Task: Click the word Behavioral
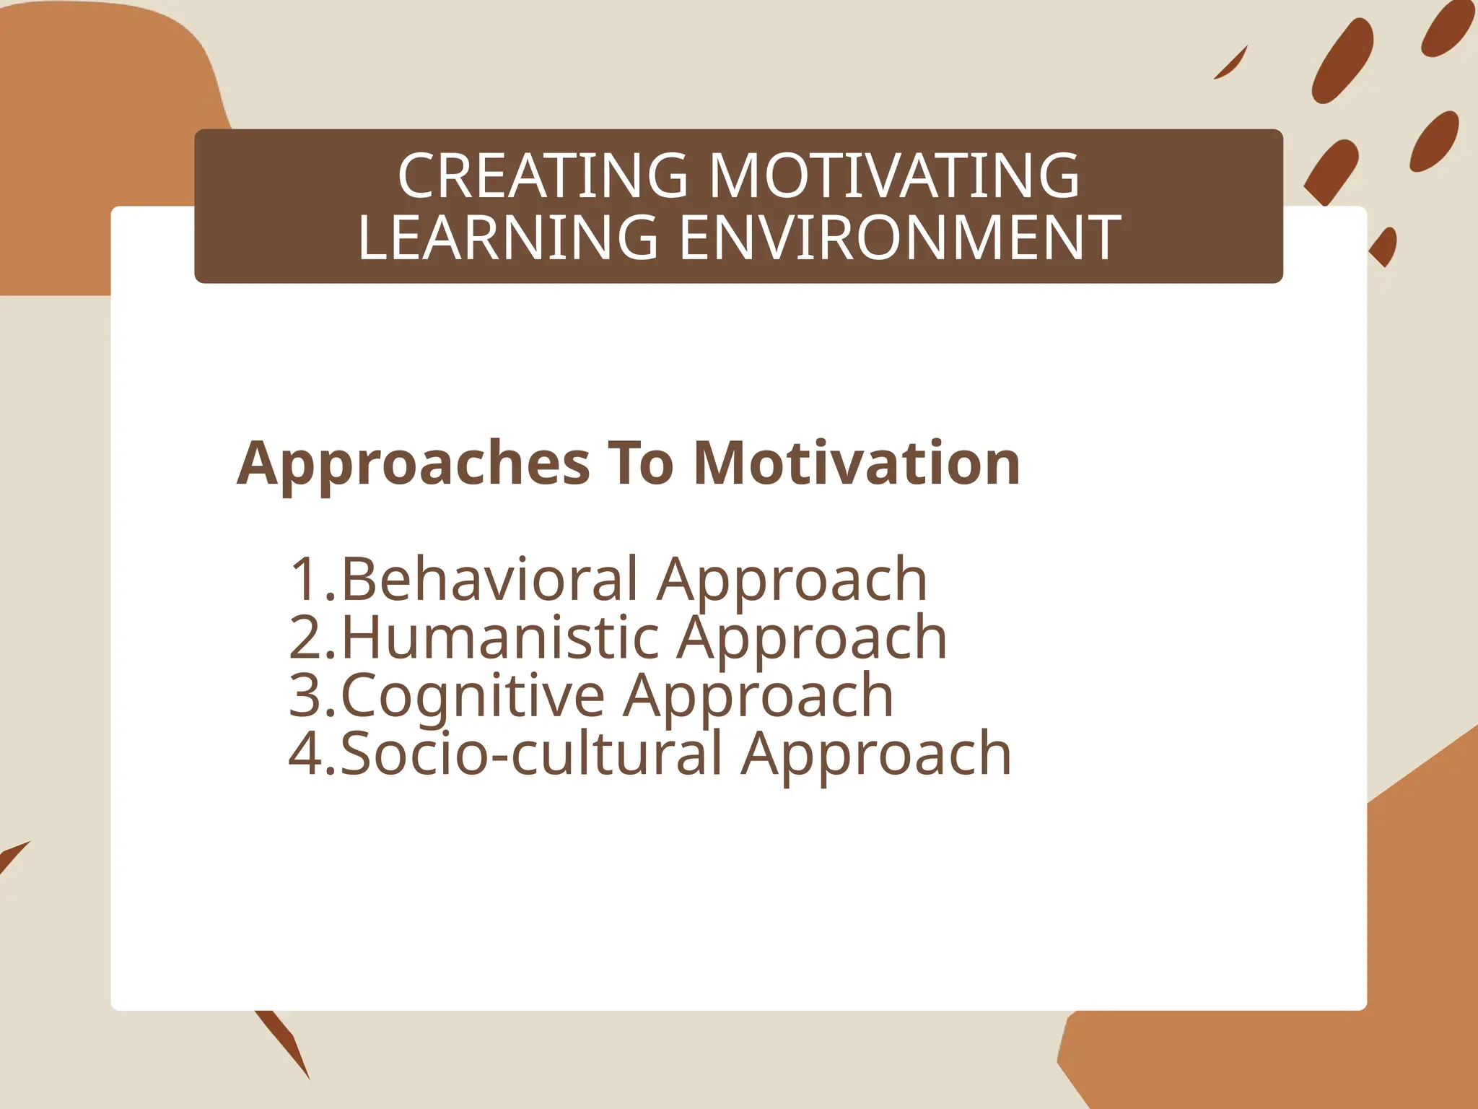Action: pyautogui.click(x=490, y=579)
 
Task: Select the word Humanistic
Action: pyautogui.click(x=500, y=638)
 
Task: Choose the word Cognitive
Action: pyautogui.click(x=473, y=696)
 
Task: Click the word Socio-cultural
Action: pyautogui.click(x=531, y=754)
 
